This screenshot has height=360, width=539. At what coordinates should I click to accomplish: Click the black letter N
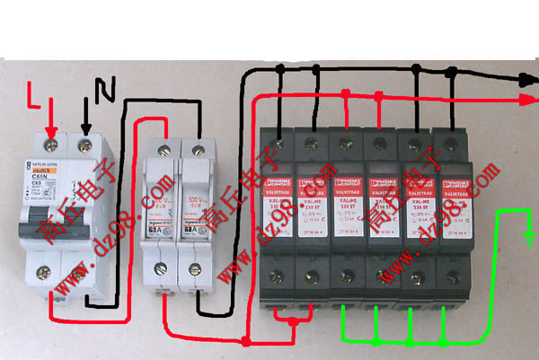105,88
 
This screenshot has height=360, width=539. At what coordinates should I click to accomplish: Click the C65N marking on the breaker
40,177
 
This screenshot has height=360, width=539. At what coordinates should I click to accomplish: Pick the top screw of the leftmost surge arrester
281,141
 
